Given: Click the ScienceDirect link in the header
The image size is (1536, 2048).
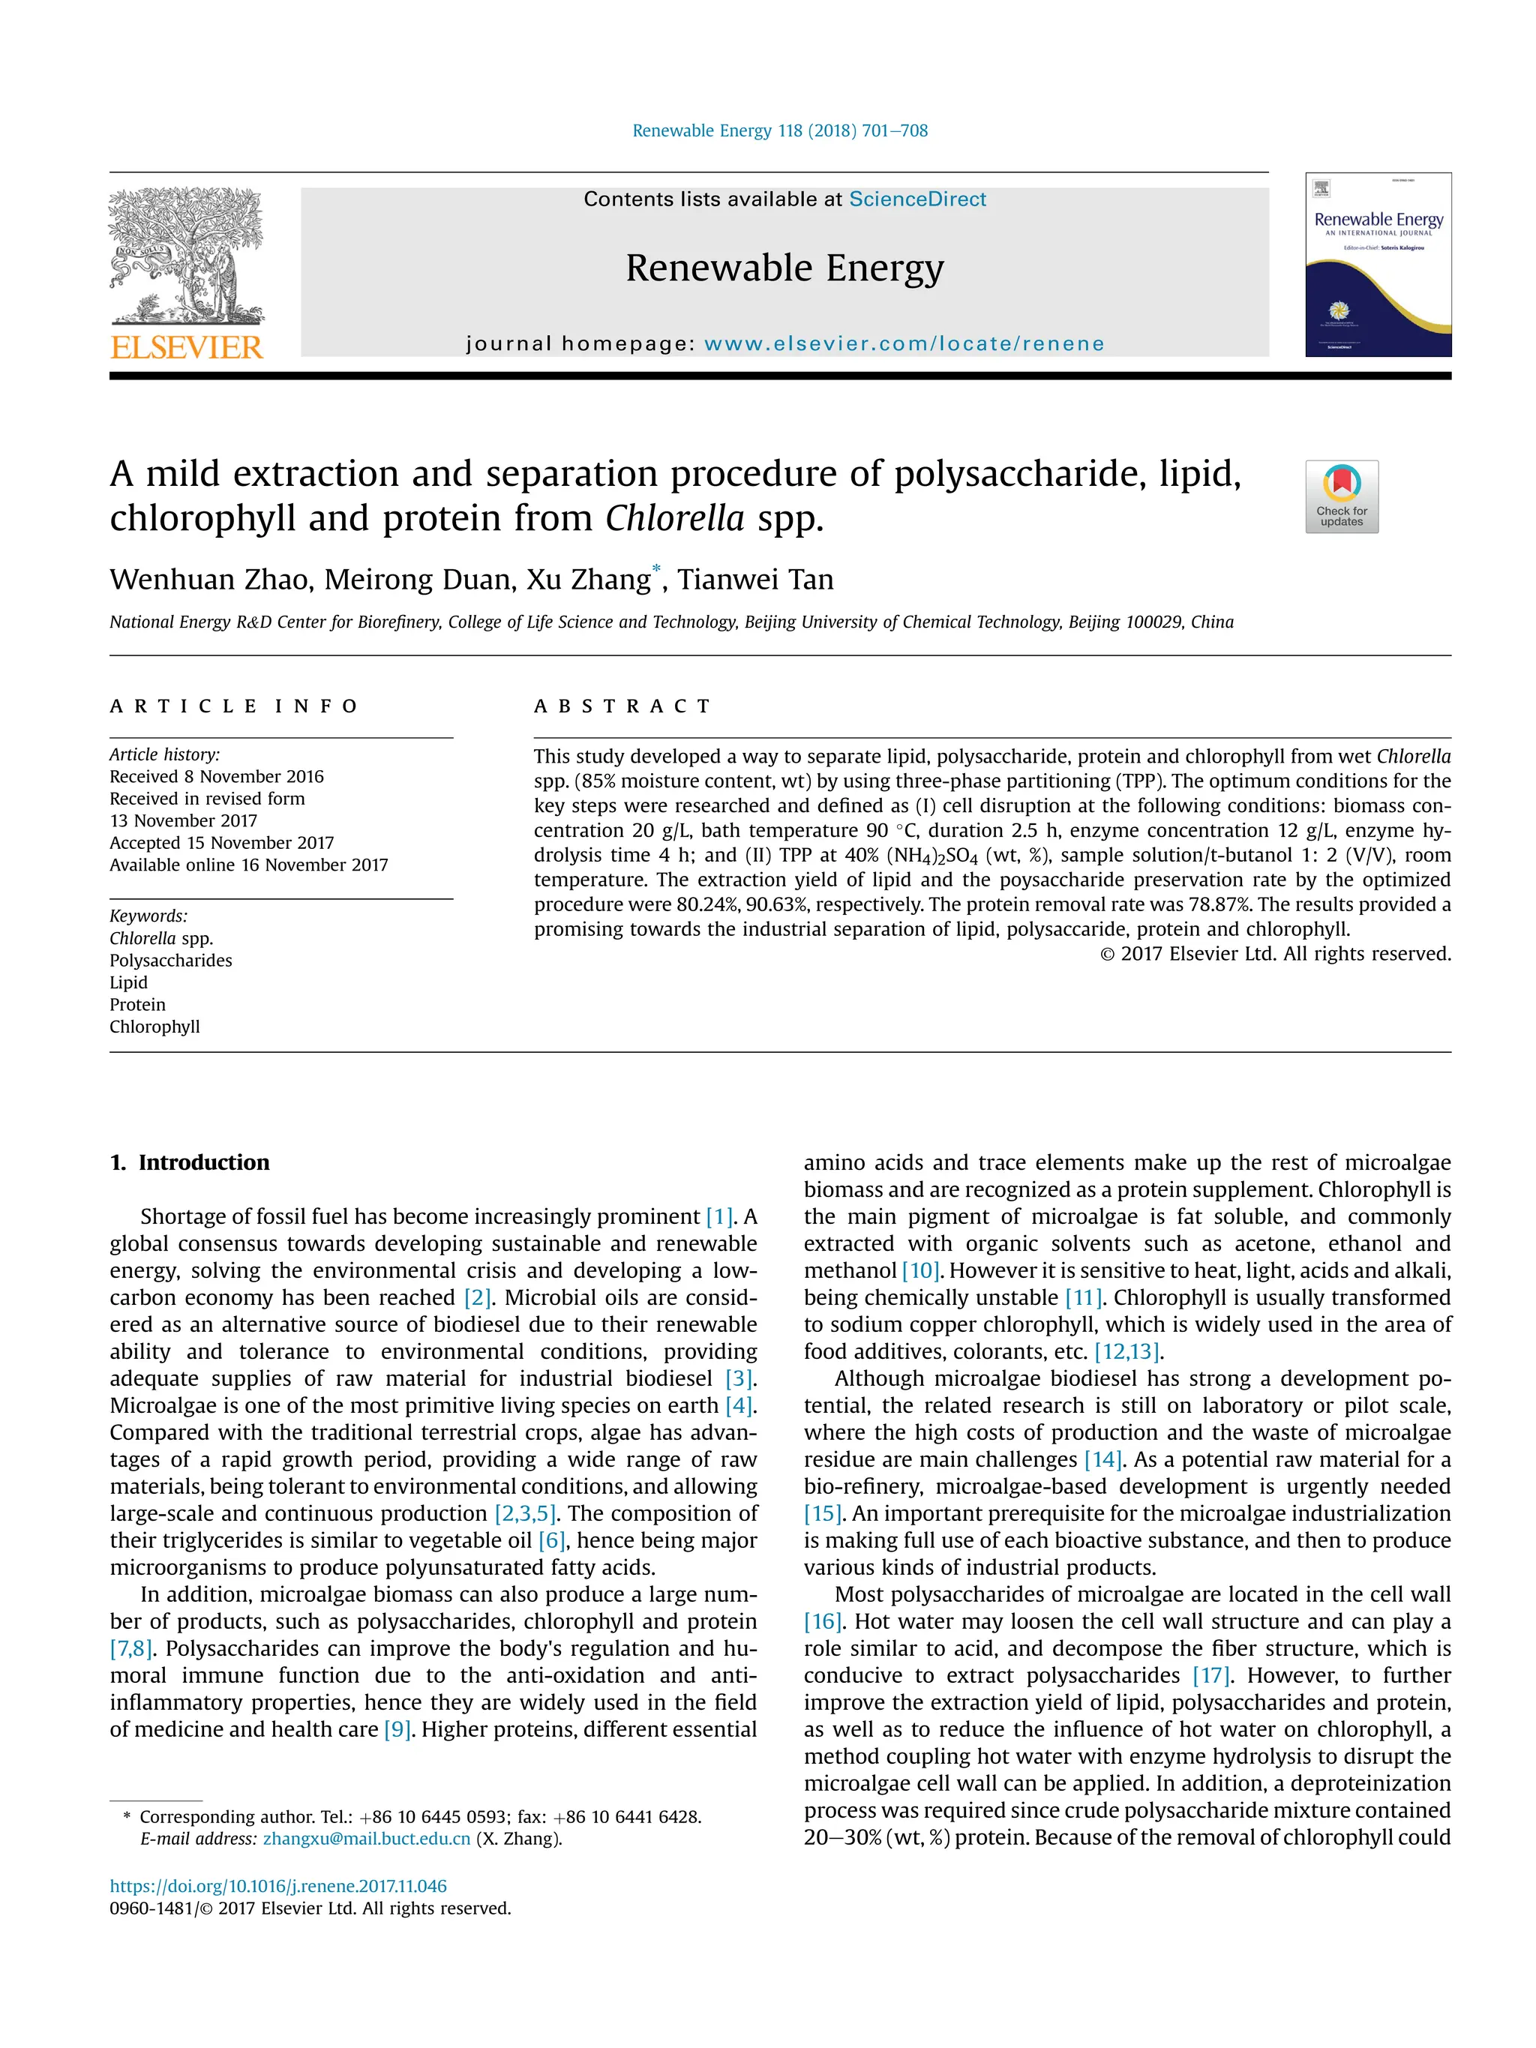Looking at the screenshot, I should (916, 199).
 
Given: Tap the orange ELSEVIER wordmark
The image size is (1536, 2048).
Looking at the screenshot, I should (186, 348).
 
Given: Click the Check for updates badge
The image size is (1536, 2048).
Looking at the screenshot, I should (1341, 496).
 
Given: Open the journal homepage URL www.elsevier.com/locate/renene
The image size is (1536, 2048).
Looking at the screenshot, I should (904, 344).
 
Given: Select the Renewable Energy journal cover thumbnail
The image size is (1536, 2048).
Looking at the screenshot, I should (1378, 265).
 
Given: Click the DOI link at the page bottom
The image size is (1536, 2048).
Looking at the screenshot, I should (277, 1886).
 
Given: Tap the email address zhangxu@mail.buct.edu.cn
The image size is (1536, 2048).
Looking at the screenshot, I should (367, 1838).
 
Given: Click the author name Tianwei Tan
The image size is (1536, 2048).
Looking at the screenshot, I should (754, 580).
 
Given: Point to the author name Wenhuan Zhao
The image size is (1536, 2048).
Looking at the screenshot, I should (209, 580).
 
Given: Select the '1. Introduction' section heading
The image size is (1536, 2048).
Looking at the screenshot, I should (190, 1163).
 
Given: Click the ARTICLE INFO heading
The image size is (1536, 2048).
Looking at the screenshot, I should (233, 706).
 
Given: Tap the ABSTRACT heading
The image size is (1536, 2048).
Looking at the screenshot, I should (622, 706).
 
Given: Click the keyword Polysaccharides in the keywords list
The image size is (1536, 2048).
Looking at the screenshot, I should (170, 960).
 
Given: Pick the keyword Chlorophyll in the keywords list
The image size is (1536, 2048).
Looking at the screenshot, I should (154, 1026).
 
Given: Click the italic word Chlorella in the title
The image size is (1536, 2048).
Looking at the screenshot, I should (675, 518).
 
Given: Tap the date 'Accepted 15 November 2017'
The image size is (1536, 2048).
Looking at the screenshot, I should (221, 843).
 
